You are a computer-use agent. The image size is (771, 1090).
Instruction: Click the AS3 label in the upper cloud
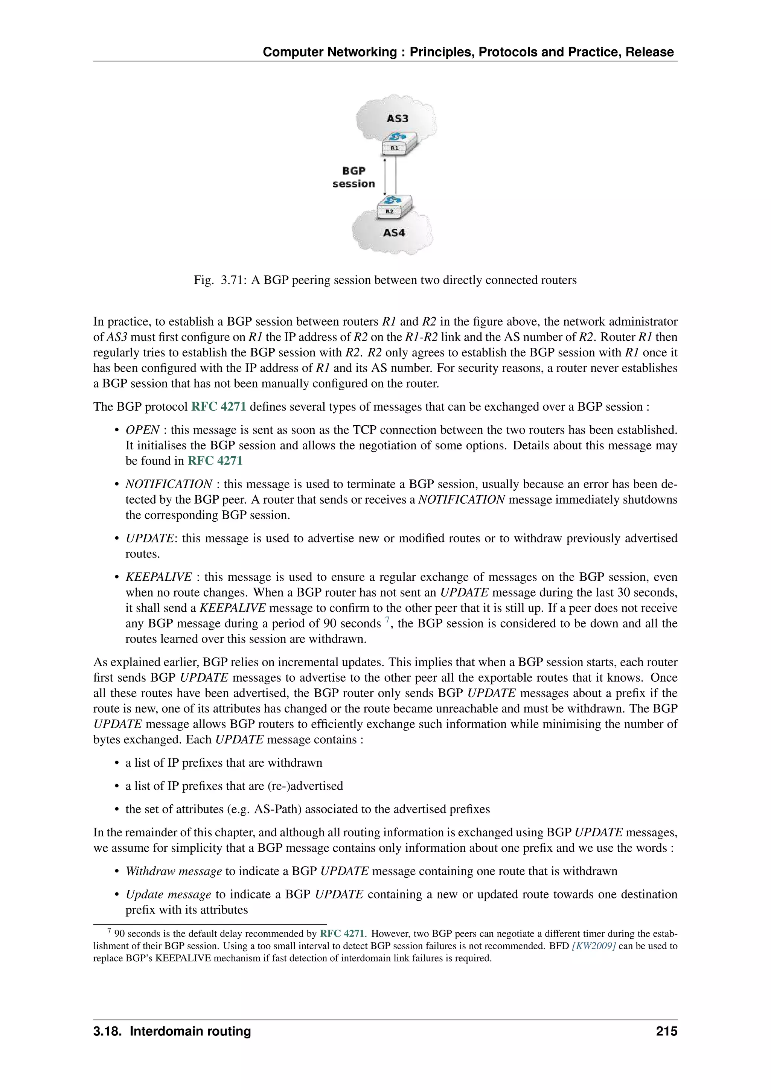click(x=398, y=118)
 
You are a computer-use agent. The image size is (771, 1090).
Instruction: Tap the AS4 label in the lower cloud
click(x=394, y=233)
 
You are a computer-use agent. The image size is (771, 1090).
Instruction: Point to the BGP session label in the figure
click(x=354, y=177)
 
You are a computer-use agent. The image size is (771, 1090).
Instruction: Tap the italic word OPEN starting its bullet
click(x=142, y=430)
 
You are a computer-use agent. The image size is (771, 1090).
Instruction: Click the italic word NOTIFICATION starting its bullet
click(x=169, y=484)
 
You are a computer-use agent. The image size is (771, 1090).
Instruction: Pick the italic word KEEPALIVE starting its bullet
click(x=158, y=577)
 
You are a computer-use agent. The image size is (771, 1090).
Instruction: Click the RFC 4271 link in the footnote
click(x=342, y=933)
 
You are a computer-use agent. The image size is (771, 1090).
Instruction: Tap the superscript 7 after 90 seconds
click(x=387, y=620)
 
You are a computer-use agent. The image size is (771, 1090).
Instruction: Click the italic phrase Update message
click(x=168, y=894)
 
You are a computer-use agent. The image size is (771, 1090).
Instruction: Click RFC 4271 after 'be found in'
click(x=215, y=461)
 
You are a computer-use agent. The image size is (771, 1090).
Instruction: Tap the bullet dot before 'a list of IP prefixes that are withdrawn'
click(x=116, y=763)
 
